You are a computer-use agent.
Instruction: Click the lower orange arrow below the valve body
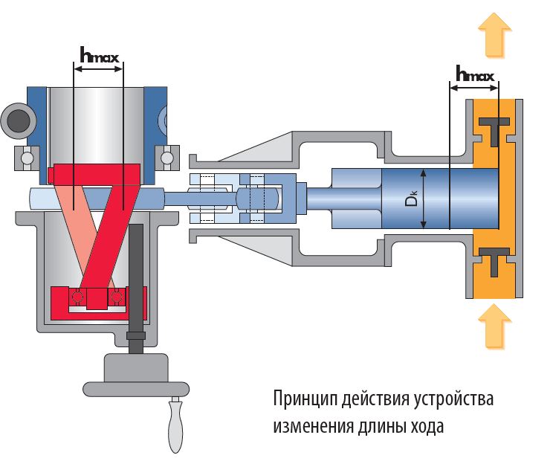494,324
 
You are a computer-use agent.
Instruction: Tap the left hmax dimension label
98,54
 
